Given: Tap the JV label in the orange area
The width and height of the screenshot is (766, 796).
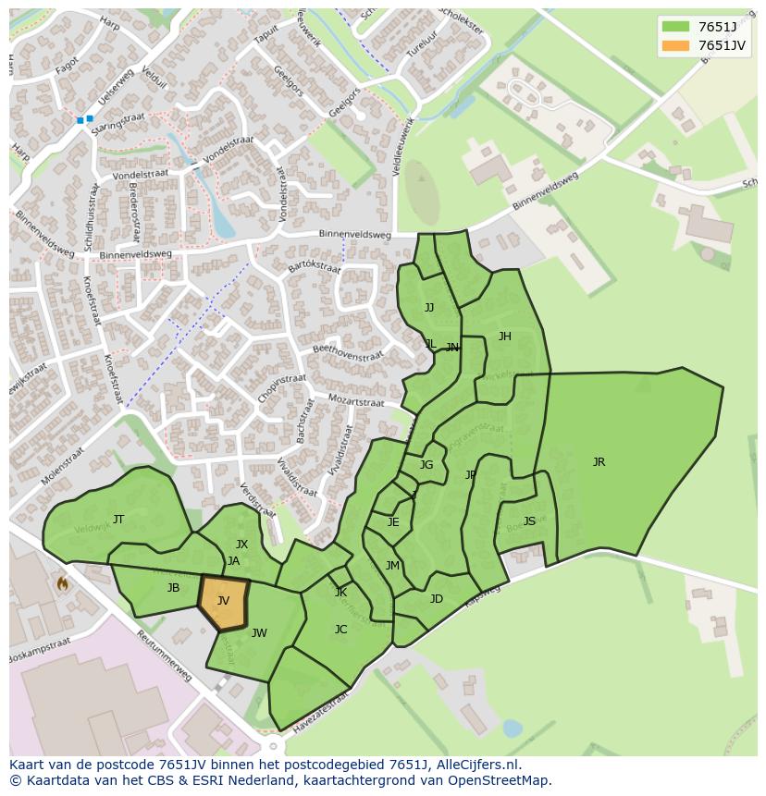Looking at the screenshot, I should coord(223,601).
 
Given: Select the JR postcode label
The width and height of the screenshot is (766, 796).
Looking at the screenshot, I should coord(599,462).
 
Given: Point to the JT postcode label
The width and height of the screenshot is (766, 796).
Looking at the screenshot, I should coord(118,520).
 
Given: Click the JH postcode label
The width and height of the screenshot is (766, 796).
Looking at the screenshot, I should coord(504,337).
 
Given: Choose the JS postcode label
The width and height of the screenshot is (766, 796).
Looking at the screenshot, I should coord(529,521).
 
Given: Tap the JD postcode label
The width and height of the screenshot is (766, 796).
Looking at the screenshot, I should coord(436,599).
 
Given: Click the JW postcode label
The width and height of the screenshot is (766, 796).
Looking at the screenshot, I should coord(259,633).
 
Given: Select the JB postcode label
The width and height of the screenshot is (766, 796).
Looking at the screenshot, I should coord(173,588).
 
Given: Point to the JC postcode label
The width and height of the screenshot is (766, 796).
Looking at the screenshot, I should coord(340,630).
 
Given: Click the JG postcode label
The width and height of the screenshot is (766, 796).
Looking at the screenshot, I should coord(426,465).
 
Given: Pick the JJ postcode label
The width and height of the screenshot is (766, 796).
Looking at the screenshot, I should coord(428,308).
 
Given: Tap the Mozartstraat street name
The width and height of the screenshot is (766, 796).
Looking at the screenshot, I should coord(356,402).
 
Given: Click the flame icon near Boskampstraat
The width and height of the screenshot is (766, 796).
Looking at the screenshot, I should coord(62,583).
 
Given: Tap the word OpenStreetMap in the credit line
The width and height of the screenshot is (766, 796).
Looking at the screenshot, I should coord(500,780).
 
